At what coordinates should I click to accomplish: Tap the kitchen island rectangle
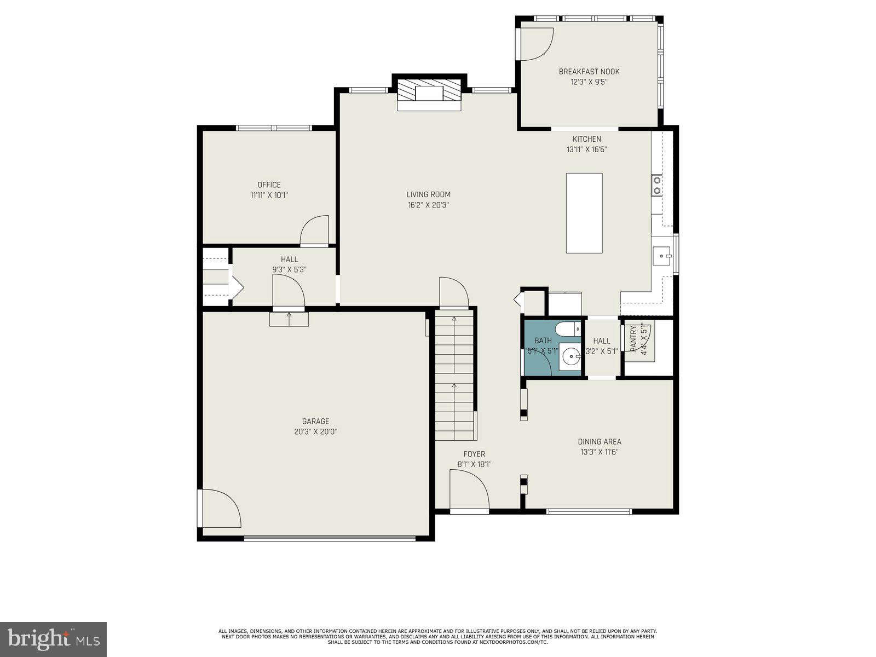(x=584, y=213)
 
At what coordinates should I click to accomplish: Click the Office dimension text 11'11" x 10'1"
(x=269, y=195)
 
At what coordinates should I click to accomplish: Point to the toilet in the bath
(x=566, y=330)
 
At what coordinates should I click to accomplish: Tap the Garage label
(x=315, y=421)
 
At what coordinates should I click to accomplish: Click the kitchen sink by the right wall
(x=662, y=255)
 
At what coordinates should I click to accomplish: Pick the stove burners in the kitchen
(x=656, y=185)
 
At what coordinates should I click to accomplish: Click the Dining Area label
(x=600, y=442)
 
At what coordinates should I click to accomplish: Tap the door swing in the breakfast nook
(x=535, y=44)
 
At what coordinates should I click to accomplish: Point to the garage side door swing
(x=219, y=509)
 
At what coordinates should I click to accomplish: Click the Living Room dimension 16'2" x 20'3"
(x=428, y=205)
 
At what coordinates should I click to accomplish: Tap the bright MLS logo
(x=53, y=639)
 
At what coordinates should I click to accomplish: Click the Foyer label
(x=474, y=454)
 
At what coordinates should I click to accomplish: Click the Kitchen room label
(x=586, y=139)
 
